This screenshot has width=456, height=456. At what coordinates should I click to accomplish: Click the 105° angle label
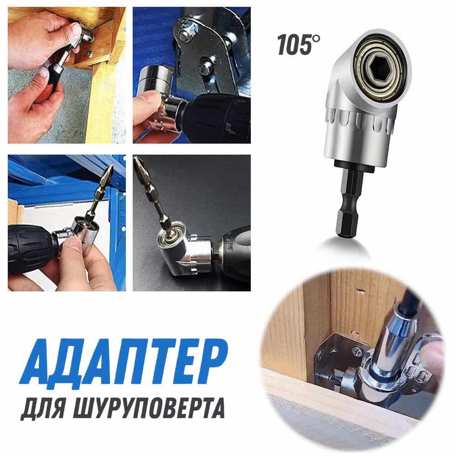pyautogui.click(x=299, y=45)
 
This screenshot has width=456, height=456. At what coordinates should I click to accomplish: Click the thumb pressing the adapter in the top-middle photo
pyautogui.click(x=148, y=102)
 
